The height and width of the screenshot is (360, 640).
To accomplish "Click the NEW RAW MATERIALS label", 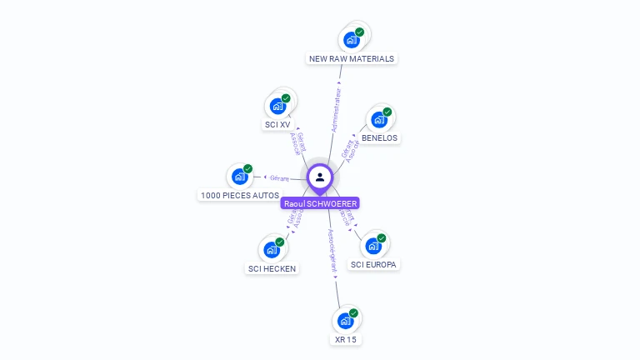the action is click(351, 59).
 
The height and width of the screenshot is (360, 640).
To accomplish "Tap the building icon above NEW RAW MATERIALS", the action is click(352, 39).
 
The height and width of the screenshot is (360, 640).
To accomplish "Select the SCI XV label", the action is click(277, 125).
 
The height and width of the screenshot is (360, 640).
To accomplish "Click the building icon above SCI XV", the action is click(277, 107).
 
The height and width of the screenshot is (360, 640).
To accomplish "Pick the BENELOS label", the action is click(379, 137).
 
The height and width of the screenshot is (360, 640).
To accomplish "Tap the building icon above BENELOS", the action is click(378, 120).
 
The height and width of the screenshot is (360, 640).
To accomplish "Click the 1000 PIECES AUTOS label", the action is click(239, 195).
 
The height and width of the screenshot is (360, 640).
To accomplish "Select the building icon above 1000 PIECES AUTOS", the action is click(239, 177).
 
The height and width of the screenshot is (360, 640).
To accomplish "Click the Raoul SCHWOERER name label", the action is click(321, 203).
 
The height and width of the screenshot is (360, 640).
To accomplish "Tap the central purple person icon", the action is click(320, 177).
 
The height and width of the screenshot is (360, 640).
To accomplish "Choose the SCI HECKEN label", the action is click(272, 268).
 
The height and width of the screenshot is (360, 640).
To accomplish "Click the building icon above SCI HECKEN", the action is click(272, 249).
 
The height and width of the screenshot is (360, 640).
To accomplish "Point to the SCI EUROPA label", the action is click(374, 264).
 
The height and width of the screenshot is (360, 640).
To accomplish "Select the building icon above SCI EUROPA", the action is click(373, 246).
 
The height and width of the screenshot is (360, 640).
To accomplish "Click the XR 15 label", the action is click(345, 340).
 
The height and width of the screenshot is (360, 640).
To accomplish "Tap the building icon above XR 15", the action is click(345, 321).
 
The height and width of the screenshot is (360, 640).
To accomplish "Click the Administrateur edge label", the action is click(336, 109).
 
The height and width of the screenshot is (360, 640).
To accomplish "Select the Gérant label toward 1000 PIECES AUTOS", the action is click(279, 177).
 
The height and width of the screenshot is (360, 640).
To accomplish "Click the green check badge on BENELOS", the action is click(387, 112).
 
